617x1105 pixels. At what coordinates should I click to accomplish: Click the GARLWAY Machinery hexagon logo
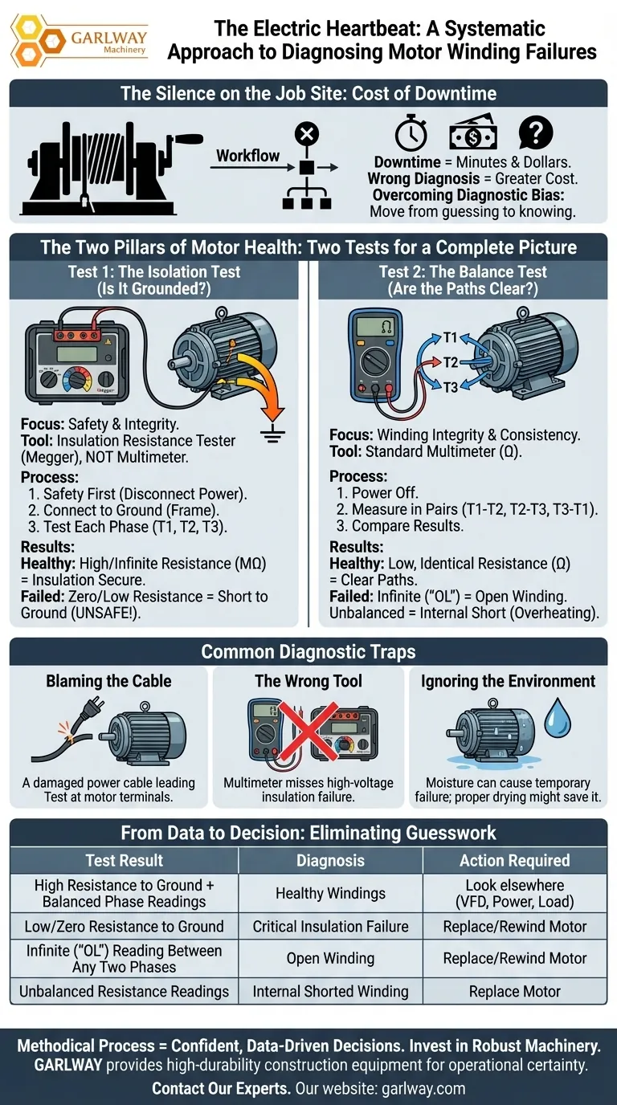[x=39, y=40]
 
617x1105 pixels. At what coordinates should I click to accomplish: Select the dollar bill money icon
[x=472, y=133]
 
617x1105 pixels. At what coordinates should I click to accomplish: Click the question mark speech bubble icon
[x=536, y=133]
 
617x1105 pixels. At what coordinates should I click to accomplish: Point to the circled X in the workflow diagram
[x=307, y=133]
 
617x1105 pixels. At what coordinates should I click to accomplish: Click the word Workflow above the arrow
[x=247, y=156]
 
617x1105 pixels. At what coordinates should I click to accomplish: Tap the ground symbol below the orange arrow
[x=272, y=433]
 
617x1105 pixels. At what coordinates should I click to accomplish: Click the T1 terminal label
[x=450, y=337]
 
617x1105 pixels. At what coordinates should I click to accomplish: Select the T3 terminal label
[x=450, y=388]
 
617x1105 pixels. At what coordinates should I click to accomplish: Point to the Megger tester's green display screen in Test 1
[x=76, y=353]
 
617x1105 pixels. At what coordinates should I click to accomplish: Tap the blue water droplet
[x=558, y=718]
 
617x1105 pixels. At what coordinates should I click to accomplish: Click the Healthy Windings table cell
[x=330, y=893]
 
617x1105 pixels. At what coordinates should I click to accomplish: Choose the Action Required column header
[x=514, y=860]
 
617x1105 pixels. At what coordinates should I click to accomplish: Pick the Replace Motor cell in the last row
[x=514, y=991]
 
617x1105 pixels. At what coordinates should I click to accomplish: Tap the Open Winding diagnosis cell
[x=330, y=958]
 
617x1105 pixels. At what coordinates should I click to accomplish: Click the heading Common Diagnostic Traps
[x=308, y=651]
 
